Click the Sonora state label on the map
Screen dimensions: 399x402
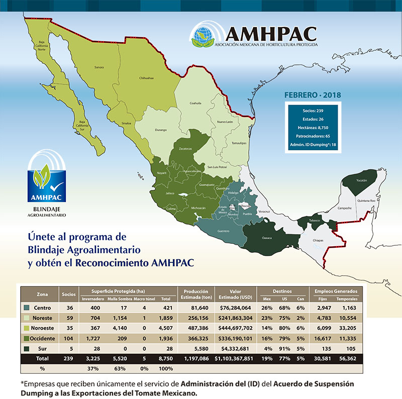[98, 66]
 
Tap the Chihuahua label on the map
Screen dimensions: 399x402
[146, 78]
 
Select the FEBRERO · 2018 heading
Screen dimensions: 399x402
[313, 95]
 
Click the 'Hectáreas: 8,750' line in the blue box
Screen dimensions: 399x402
[313, 128]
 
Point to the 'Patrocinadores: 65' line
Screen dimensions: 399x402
[313, 136]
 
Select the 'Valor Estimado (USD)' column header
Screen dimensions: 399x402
[236, 294]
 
